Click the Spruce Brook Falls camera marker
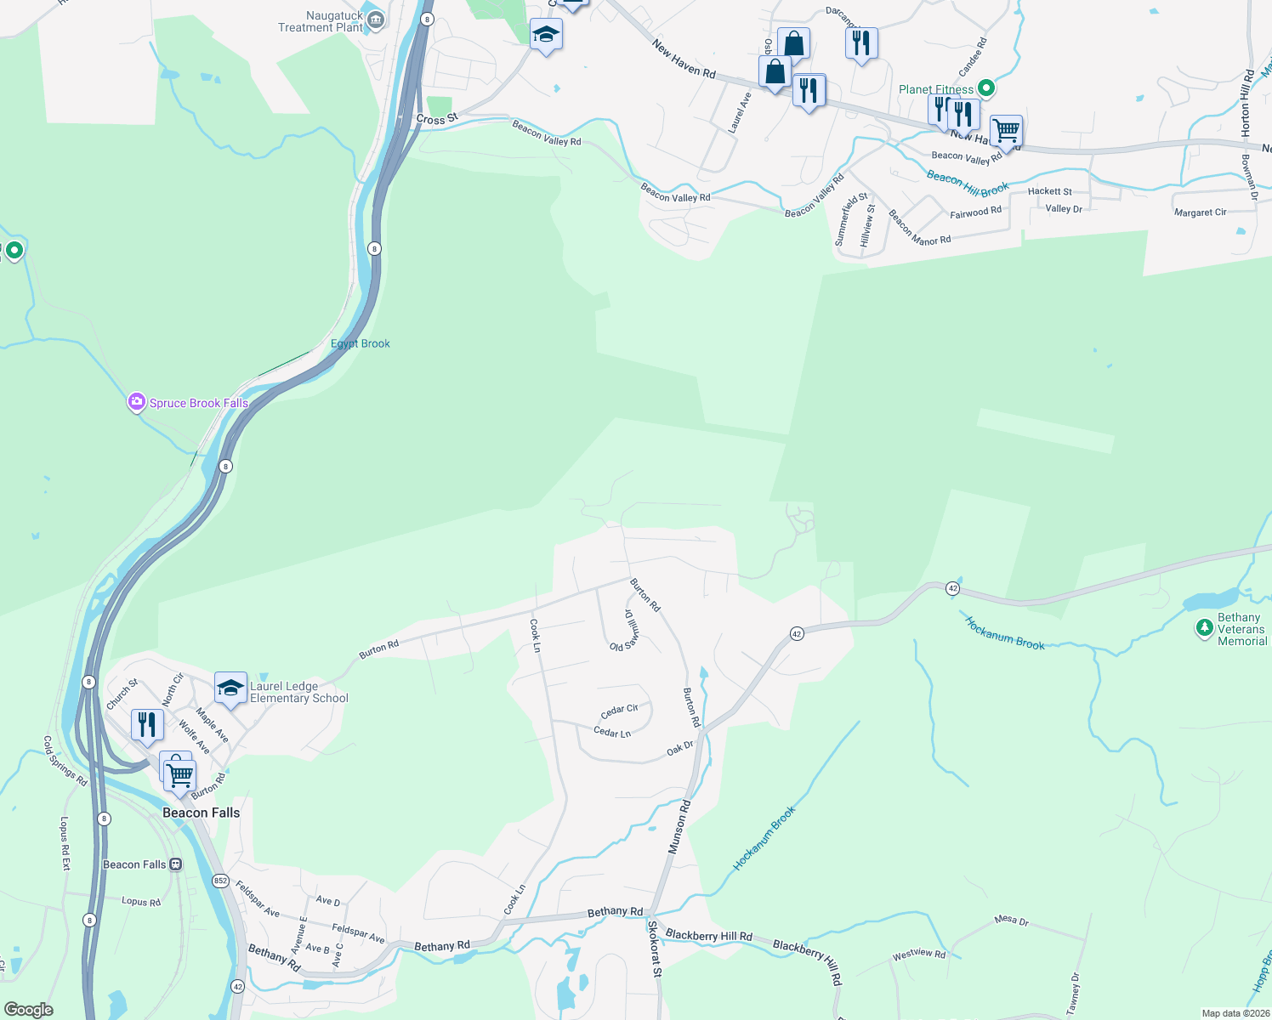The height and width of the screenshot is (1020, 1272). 136,402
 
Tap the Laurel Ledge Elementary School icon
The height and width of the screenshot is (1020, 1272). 230,688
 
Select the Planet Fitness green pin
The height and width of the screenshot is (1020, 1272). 985,88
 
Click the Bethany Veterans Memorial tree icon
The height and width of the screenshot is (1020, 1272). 1204,628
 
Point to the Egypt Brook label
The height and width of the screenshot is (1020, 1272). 360,344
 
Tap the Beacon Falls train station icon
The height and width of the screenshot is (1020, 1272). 176,864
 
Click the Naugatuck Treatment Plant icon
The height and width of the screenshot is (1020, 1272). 376,20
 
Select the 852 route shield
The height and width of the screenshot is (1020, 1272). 220,881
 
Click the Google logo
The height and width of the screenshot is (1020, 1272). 28,1010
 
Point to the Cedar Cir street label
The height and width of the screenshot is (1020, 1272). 619,711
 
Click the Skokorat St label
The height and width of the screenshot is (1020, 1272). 654,949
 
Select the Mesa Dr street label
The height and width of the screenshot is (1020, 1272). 1011,921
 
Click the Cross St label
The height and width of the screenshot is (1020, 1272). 437,120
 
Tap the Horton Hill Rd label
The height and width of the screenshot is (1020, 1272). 1246,104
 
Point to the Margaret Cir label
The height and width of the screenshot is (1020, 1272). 1200,212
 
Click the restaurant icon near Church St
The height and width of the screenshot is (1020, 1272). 147,725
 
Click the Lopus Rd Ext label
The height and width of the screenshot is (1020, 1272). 65,843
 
